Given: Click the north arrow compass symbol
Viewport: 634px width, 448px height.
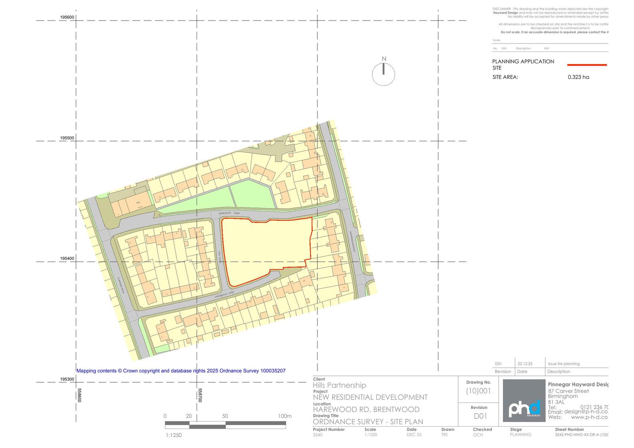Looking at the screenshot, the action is (x=383, y=74).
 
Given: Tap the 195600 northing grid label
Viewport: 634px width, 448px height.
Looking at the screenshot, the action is (x=67, y=17).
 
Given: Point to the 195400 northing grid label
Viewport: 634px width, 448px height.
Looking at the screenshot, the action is (x=67, y=259).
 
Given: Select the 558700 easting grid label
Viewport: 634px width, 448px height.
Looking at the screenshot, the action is (x=200, y=395).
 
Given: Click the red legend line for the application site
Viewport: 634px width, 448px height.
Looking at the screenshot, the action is (x=587, y=65).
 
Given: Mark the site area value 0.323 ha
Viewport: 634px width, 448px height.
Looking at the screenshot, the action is (x=578, y=77).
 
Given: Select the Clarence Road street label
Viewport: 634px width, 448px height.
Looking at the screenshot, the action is (x=121, y=284).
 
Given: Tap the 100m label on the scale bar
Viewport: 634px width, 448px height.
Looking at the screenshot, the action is (x=285, y=416).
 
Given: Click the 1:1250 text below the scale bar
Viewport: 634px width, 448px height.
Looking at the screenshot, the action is (x=174, y=435).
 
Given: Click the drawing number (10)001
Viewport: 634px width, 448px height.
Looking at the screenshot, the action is (x=478, y=391).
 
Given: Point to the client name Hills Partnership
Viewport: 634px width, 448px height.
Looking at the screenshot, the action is (x=340, y=385).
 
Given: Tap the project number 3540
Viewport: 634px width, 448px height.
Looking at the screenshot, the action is (x=317, y=435).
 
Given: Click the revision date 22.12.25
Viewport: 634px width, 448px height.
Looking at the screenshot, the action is (x=525, y=364).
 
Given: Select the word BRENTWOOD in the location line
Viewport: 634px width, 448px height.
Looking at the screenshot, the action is (x=396, y=410).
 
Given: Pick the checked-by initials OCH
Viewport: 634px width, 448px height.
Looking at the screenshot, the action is (x=478, y=435).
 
